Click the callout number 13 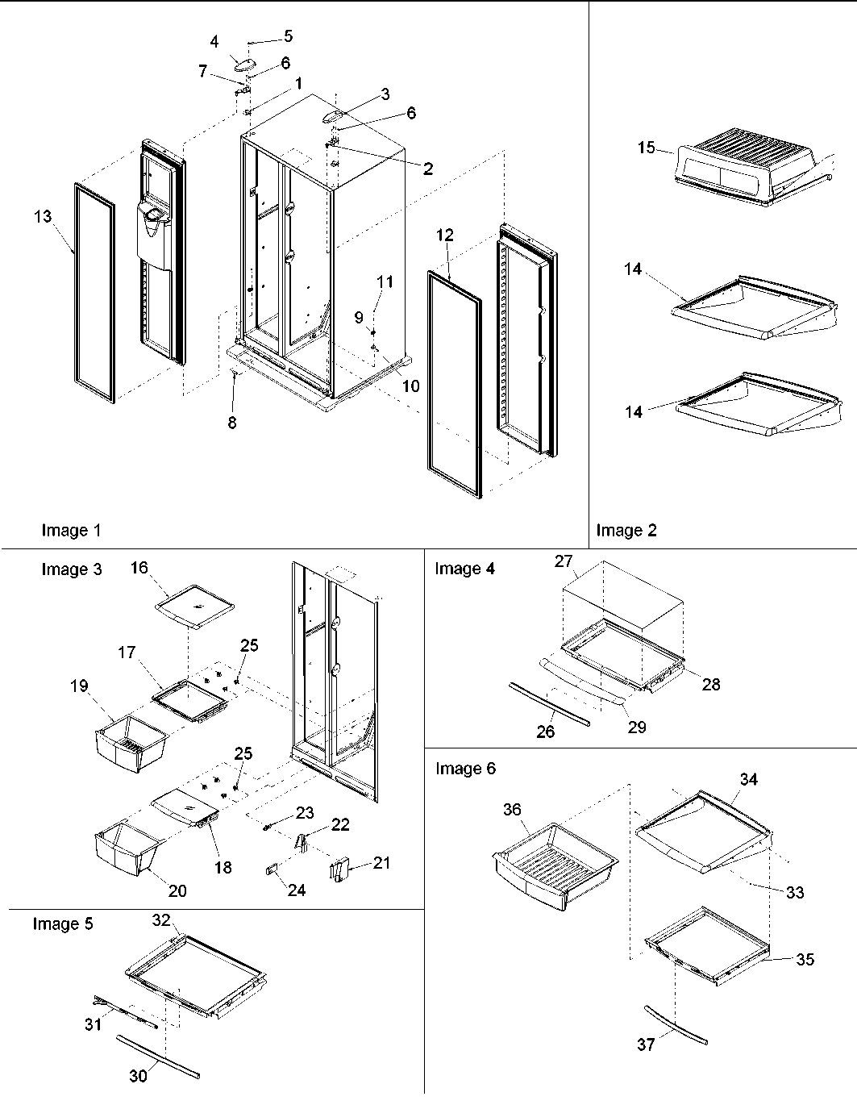(x=43, y=216)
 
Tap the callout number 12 (x=445, y=236)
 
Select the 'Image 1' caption (x=71, y=530)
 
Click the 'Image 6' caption (x=465, y=769)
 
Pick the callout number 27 (x=563, y=561)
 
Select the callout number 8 (x=232, y=423)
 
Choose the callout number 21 (x=381, y=863)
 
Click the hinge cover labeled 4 (x=242, y=64)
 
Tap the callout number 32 (x=160, y=919)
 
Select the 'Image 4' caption (x=464, y=569)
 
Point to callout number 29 (x=636, y=727)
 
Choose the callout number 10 (x=410, y=386)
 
